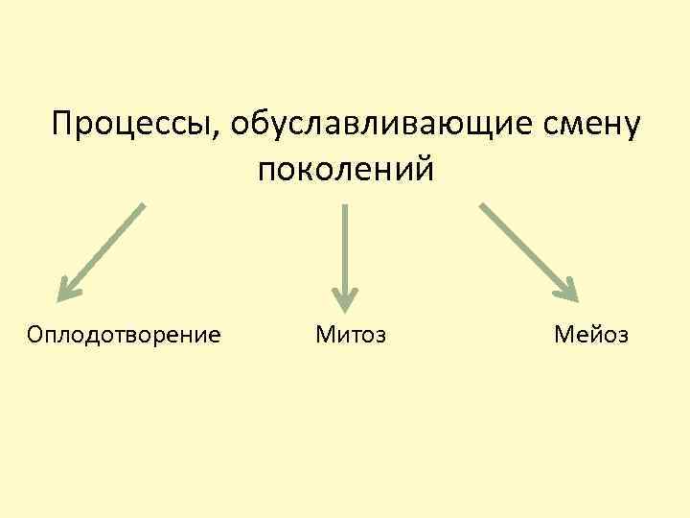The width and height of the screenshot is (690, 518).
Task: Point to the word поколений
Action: pos(345,169)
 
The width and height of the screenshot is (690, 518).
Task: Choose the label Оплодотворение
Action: pos(125,335)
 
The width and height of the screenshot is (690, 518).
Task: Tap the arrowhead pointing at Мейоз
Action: pos(568,290)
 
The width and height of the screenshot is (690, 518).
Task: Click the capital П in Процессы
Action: pos(63,124)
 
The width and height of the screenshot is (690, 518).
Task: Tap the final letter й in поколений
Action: pos(425,169)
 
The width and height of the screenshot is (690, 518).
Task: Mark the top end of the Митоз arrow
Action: pos(345,206)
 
